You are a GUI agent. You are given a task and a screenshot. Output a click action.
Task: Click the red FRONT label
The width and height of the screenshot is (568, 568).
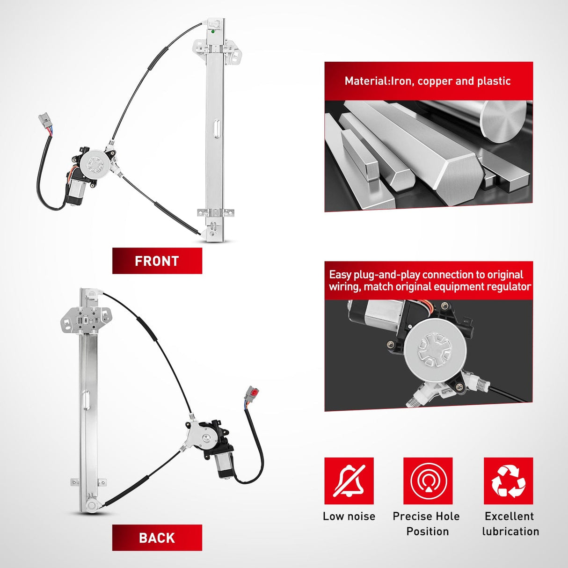(x=157, y=261)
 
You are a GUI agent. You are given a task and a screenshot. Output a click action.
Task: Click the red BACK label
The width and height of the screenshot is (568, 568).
(x=157, y=538)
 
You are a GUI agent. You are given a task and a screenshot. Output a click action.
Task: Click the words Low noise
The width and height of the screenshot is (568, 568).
(x=349, y=516)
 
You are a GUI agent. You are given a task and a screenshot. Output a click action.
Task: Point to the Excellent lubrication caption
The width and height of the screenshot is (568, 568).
(x=510, y=524)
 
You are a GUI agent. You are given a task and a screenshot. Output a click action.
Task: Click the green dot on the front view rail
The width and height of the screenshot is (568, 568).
(x=212, y=31)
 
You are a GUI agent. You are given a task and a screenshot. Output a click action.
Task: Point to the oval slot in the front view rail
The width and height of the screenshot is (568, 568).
(x=217, y=129)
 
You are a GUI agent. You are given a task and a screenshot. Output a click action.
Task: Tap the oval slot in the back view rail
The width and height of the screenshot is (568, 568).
(x=86, y=401)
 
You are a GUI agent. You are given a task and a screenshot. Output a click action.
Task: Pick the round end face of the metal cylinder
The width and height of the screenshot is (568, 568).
(x=503, y=122)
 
